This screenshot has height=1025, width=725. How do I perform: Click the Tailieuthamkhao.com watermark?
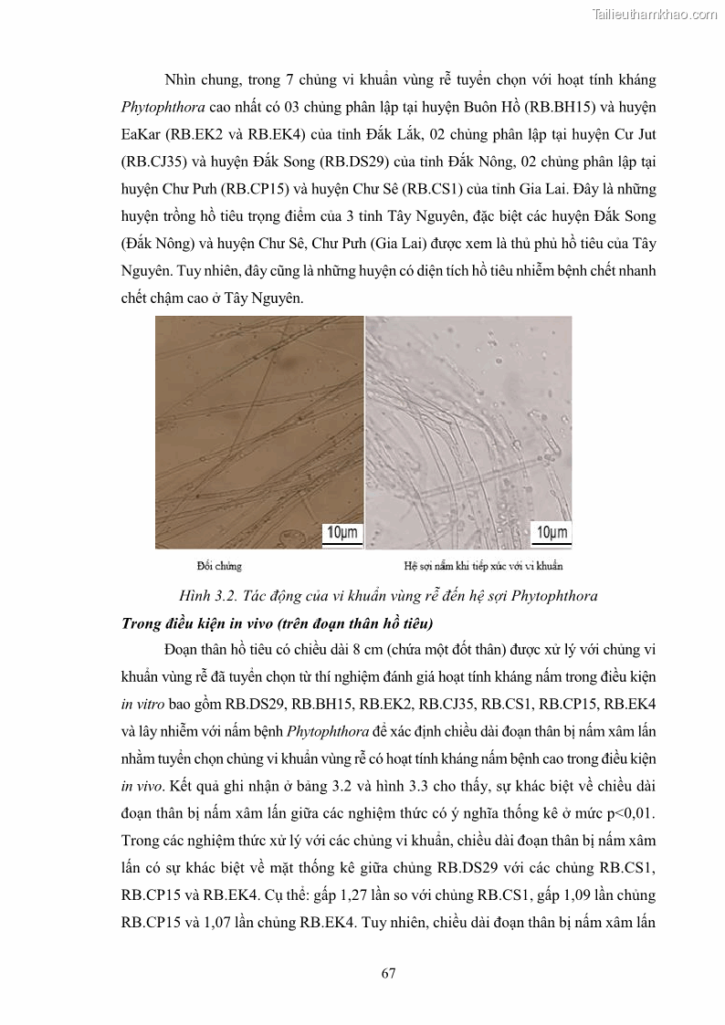(655, 14)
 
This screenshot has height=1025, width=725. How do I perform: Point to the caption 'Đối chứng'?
(219, 566)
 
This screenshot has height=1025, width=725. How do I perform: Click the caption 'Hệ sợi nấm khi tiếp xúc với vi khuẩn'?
(484, 566)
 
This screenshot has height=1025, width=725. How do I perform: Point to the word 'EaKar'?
(141, 134)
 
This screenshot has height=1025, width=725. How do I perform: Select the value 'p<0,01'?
(630, 813)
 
